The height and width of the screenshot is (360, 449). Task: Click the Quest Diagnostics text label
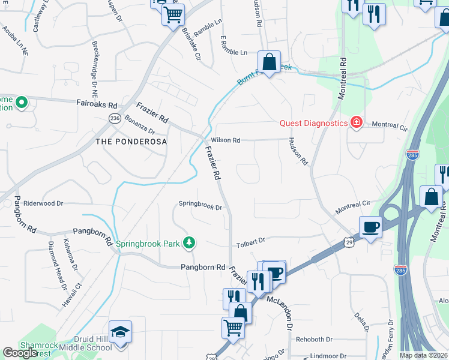314,123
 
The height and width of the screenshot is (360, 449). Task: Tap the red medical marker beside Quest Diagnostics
357,122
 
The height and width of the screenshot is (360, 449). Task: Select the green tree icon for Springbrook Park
190,242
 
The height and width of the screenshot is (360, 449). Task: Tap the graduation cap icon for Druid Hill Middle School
120,331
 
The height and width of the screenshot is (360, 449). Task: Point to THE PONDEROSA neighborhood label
130,141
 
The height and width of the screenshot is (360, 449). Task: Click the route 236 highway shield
115,119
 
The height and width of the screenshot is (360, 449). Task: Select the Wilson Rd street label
225,140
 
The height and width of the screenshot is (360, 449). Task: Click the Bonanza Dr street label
140,125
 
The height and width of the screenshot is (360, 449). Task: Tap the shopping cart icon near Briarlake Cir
173,14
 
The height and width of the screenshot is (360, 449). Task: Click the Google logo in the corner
20,353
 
